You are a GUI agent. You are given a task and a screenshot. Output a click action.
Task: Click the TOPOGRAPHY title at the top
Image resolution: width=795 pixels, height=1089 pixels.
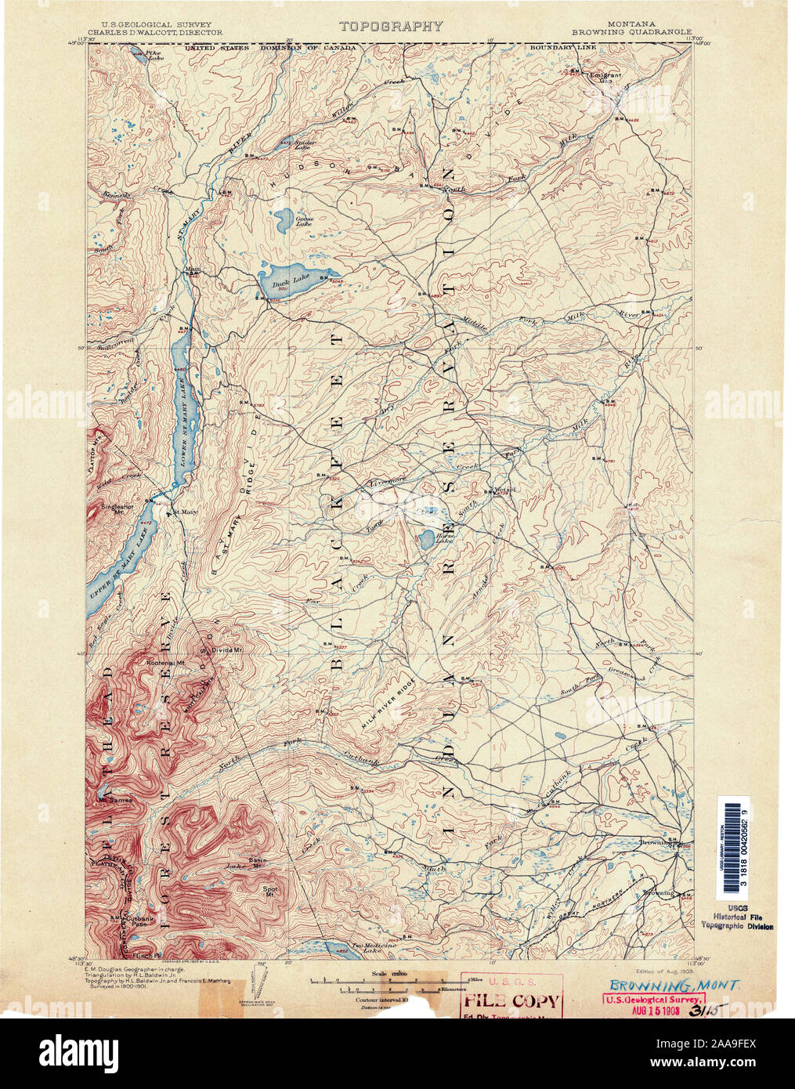click(x=391, y=26)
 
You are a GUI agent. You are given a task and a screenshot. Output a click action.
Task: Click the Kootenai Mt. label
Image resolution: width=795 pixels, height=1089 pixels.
click(x=164, y=663)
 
